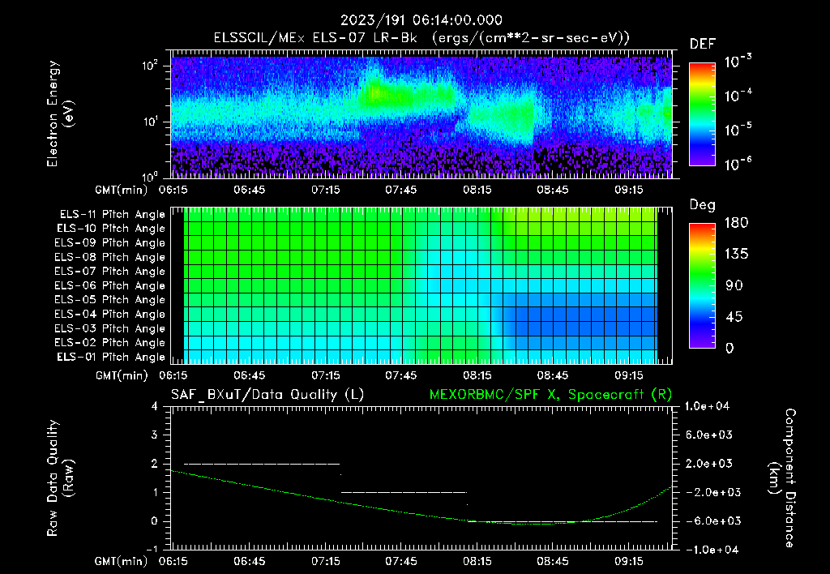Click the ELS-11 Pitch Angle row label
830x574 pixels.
click(112, 215)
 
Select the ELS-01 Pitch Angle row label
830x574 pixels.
click(112, 357)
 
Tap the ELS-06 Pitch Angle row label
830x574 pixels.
click(112, 285)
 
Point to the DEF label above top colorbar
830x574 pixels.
click(702, 44)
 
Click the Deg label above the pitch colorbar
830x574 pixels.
click(701, 206)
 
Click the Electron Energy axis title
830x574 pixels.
click(61, 115)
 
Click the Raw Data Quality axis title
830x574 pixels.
click(61, 478)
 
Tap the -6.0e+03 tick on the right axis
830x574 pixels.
click(708, 521)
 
